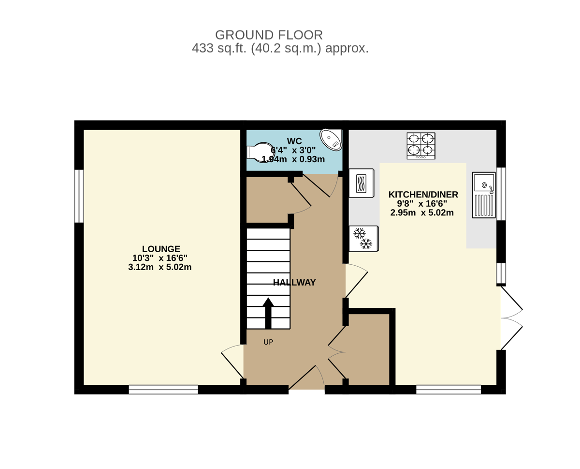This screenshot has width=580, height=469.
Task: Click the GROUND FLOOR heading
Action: pyautogui.click(x=269, y=35)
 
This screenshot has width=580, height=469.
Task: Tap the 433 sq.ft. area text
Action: pyautogui.click(x=280, y=48)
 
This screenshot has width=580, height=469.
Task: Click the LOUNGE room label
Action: pyautogui.click(x=161, y=249)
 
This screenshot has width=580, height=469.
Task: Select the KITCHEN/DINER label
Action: pyautogui.click(x=423, y=195)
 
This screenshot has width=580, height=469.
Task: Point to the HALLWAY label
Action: pyautogui.click(x=294, y=282)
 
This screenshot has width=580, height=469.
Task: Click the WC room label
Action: pyautogui.click(x=294, y=141)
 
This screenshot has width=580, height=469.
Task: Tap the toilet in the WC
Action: pyautogui.click(x=261, y=152)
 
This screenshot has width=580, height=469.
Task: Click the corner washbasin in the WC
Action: pyautogui.click(x=331, y=139)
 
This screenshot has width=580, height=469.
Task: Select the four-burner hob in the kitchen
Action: pyautogui.click(x=421, y=146)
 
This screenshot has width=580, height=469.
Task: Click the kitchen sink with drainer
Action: pyautogui.click(x=484, y=195)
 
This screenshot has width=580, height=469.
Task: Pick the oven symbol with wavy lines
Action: pyautogui.click(x=362, y=183)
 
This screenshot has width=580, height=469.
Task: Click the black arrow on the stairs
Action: pyautogui.click(x=268, y=313)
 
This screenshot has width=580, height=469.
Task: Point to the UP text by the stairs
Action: pyautogui.click(x=268, y=342)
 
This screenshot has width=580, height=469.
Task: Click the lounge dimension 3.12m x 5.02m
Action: pyautogui.click(x=160, y=267)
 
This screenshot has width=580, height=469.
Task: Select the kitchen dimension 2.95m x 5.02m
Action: pyautogui.click(x=422, y=212)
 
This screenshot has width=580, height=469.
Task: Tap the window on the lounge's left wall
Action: pyautogui.click(x=79, y=196)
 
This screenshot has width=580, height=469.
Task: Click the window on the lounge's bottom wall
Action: pyautogui.click(x=163, y=390)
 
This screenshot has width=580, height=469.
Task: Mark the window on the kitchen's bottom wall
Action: pyautogui.click(x=449, y=390)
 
